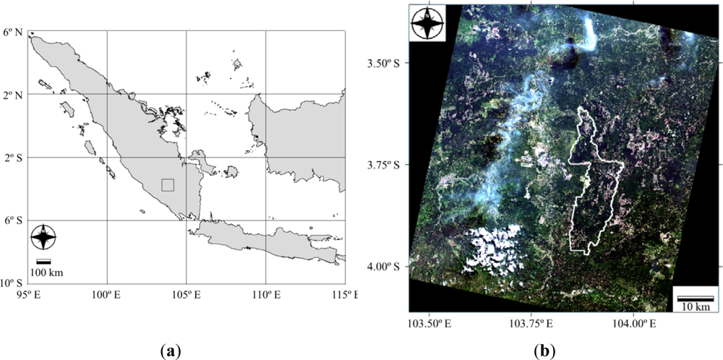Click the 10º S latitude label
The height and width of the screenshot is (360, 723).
[x=12, y=283]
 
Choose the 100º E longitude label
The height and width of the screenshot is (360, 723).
[x=107, y=295]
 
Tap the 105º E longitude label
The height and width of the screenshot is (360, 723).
[x=187, y=295]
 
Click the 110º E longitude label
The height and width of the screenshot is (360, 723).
[x=265, y=295]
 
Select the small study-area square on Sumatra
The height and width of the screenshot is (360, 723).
[x=168, y=185]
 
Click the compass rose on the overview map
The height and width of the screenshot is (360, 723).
[x=44, y=237]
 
